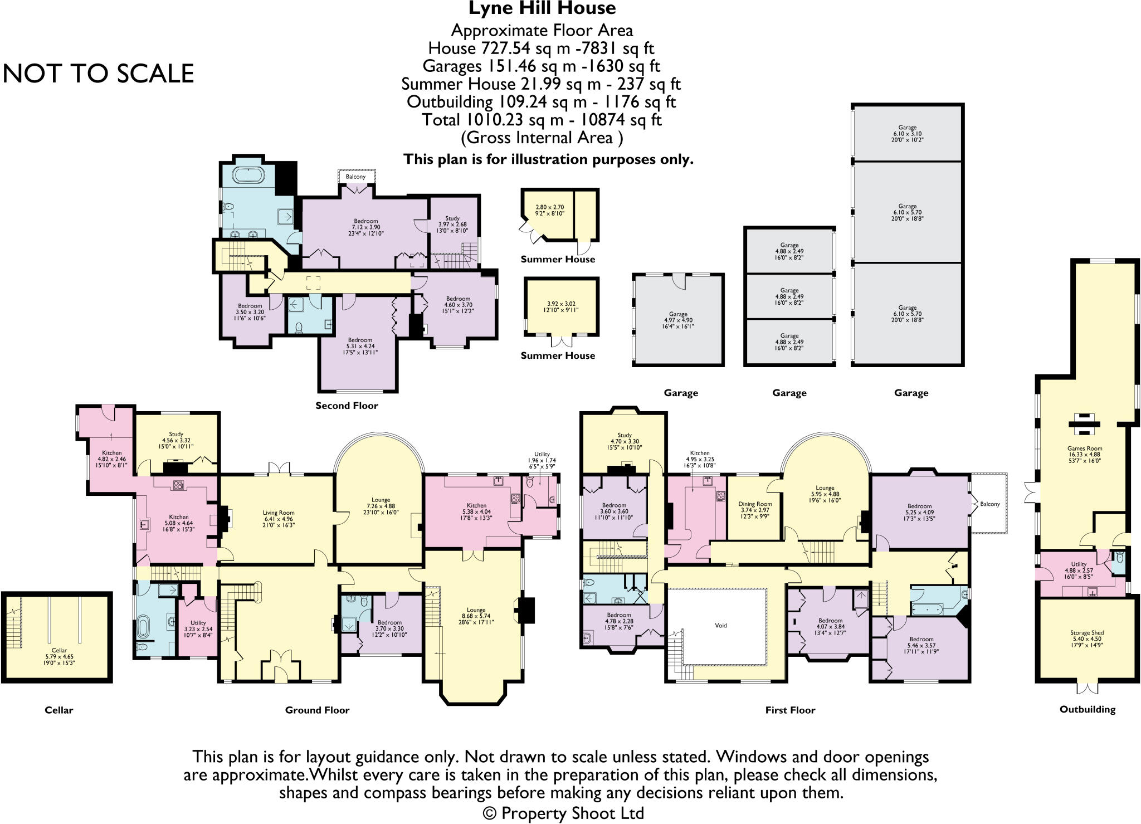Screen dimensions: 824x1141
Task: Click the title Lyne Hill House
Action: (542, 9)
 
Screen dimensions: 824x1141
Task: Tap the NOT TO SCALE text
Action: (99, 74)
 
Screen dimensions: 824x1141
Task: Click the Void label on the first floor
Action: (720, 626)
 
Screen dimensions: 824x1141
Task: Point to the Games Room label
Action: (1084, 455)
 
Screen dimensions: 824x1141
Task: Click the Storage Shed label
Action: (1086, 638)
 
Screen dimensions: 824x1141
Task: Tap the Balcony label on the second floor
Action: (355, 177)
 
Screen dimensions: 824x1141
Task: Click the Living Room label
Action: (279, 519)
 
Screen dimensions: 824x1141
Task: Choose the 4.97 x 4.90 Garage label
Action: (678, 320)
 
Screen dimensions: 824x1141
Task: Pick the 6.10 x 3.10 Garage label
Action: (907, 134)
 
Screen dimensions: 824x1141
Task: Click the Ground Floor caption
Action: (317, 710)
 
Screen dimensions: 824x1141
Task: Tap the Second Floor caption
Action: (347, 406)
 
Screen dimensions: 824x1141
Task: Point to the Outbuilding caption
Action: (1087, 709)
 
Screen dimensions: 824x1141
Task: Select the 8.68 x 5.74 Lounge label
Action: (476, 616)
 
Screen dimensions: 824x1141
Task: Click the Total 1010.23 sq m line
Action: (542, 120)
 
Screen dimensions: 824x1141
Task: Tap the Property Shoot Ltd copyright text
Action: (563, 813)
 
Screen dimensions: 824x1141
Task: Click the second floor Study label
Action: (452, 225)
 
